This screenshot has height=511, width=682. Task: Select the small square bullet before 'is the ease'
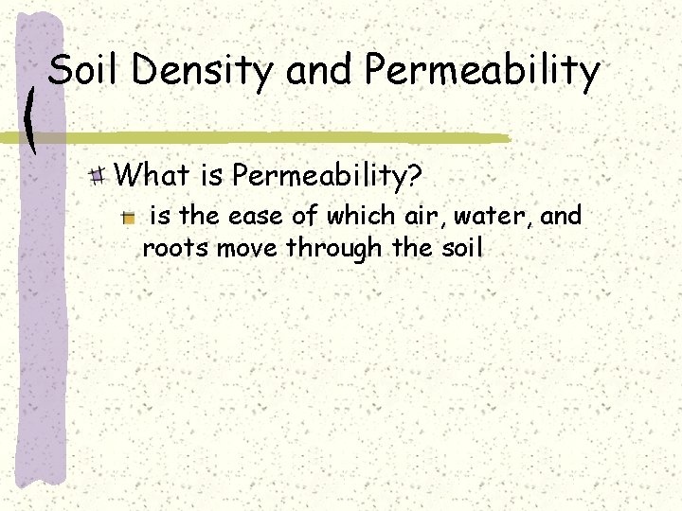coord(129,218)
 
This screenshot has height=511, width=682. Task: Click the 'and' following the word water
coord(563,217)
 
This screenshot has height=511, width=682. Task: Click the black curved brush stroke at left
coord(31,118)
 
